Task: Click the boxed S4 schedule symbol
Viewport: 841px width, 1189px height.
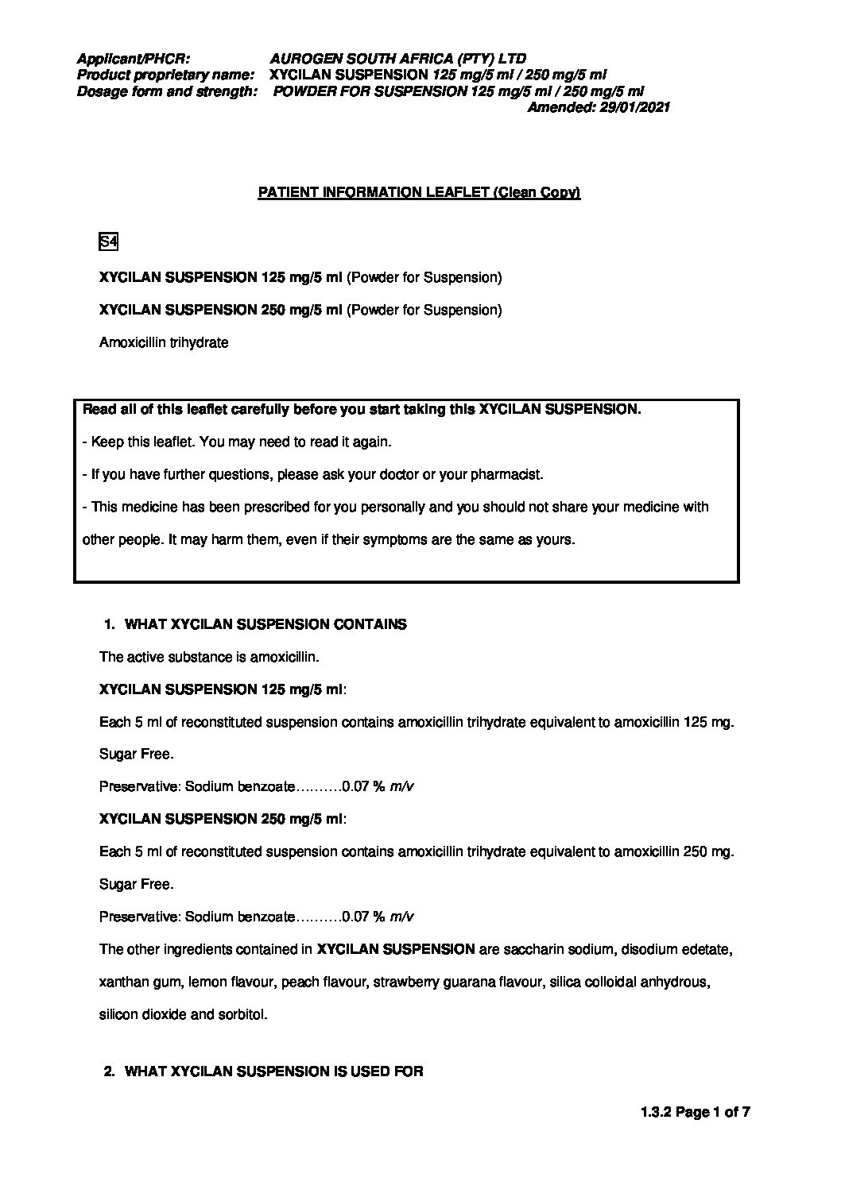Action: pyautogui.click(x=108, y=241)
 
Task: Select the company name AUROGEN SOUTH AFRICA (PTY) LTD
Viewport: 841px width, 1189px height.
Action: pyautogui.click(x=397, y=59)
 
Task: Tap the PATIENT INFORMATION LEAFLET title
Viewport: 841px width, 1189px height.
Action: pyautogui.click(x=419, y=193)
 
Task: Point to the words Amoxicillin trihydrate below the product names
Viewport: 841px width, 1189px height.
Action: pyautogui.click(x=164, y=343)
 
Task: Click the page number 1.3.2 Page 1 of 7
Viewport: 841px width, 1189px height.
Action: pyautogui.click(x=695, y=1113)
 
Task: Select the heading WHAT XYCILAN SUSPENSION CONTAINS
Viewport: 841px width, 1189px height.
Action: pyautogui.click(x=265, y=624)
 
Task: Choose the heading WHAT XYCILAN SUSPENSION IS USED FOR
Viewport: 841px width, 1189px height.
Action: pyautogui.click(x=274, y=1071)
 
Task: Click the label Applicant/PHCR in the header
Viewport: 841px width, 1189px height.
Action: pyautogui.click(x=133, y=59)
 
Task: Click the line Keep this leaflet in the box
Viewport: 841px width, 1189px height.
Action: pyautogui.click(x=237, y=442)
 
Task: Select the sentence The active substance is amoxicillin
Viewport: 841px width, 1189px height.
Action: pyautogui.click(x=209, y=658)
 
